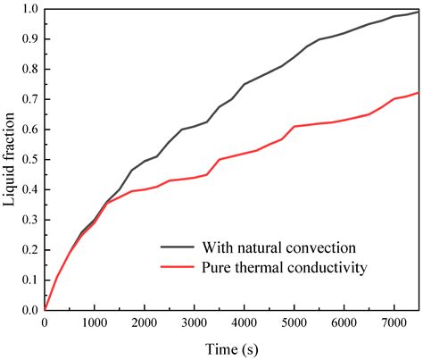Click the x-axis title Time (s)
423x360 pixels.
pyautogui.click(x=230, y=347)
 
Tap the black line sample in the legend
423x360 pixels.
pyautogui.click(x=178, y=247)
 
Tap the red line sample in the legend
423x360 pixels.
pyautogui.click(x=178, y=266)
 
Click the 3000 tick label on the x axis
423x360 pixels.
pyautogui.click(x=194, y=326)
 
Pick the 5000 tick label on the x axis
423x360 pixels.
pyautogui.click(x=294, y=326)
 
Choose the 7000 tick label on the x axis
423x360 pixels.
pyautogui.click(x=394, y=326)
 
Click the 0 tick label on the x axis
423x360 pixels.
pyautogui.click(x=44, y=326)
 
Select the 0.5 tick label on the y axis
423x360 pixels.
pyautogui.click(x=29, y=160)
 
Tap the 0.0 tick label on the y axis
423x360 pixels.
pyautogui.click(x=29, y=311)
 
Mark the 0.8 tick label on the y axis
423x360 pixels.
pyautogui.click(x=29, y=70)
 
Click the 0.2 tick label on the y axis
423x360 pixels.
pyautogui.click(x=29, y=250)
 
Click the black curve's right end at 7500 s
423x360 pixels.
pyautogui.click(x=419, y=13)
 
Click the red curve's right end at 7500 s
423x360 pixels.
pyautogui.click(x=419, y=93)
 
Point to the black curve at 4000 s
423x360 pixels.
pyautogui.click(x=244, y=85)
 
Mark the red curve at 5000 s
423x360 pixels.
pyautogui.click(x=294, y=127)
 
